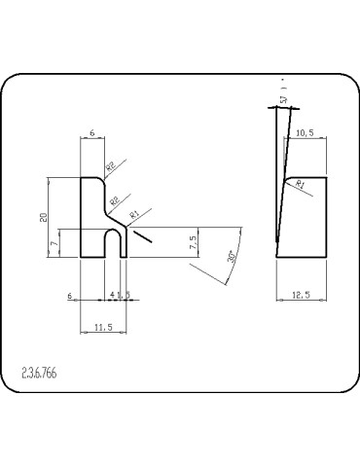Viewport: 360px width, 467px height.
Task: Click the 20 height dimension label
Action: tap(43, 217)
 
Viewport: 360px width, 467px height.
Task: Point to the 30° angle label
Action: tap(231, 256)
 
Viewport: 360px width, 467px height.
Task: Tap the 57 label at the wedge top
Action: tap(283, 99)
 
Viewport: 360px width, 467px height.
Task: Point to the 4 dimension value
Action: tap(112, 293)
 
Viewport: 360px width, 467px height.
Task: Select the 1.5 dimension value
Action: tap(126, 293)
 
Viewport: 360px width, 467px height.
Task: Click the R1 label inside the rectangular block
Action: tap(301, 183)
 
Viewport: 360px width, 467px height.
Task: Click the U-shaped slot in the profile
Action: tap(113, 242)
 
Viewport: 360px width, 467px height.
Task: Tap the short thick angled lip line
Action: tap(141, 233)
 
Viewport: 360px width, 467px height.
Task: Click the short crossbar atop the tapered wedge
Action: tap(285, 109)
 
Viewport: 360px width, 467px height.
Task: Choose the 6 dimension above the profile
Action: tap(90, 131)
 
